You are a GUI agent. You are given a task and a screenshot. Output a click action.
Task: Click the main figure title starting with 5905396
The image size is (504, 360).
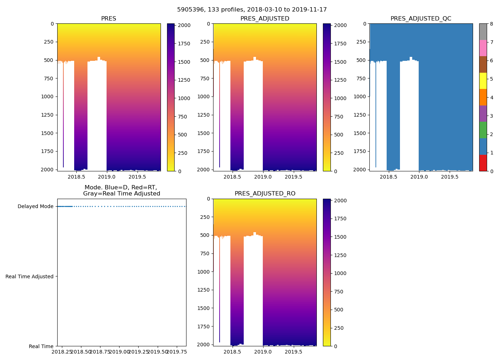pyautogui.click(x=252, y=10)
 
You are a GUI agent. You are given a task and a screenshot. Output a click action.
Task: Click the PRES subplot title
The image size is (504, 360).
pyautogui.click(x=108, y=19)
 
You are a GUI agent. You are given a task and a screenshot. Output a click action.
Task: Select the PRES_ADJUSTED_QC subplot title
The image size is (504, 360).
pyautogui.click(x=421, y=19)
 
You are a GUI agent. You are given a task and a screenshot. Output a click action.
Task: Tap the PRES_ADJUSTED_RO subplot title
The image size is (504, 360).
pyautogui.click(x=265, y=194)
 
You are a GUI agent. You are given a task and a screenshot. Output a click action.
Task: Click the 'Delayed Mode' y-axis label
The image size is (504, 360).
pyautogui.click(x=35, y=207)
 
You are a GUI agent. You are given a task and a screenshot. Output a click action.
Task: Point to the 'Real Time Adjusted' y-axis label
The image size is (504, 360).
pyautogui.click(x=30, y=276)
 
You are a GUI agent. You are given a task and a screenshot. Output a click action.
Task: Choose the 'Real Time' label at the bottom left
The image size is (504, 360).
pyautogui.click(x=41, y=346)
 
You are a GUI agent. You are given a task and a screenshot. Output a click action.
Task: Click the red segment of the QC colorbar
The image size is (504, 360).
pyautogui.click(x=483, y=163)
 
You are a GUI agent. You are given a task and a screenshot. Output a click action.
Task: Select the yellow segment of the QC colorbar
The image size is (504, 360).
pyautogui.click(x=483, y=81)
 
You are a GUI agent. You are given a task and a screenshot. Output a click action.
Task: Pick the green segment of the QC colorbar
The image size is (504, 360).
pyautogui.click(x=483, y=130)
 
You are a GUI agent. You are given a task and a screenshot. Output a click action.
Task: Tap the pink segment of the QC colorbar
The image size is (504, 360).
pyautogui.click(x=483, y=48)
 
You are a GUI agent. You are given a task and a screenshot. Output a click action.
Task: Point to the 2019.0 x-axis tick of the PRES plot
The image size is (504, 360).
pyautogui.click(x=107, y=177)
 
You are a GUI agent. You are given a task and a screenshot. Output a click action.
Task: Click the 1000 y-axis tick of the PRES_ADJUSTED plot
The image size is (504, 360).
pyautogui.click(x=204, y=96)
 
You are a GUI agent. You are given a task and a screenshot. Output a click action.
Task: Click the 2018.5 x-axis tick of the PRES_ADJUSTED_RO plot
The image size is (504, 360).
pyautogui.click(x=232, y=352)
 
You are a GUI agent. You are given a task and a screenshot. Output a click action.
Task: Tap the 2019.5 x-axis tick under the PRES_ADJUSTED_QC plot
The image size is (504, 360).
pyautogui.click(x=449, y=177)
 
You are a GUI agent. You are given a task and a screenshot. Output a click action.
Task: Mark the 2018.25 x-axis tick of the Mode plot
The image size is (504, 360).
pyautogui.click(x=62, y=352)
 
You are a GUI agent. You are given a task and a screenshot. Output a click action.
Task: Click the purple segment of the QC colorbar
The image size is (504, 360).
pyautogui.click(x=483, y=113)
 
